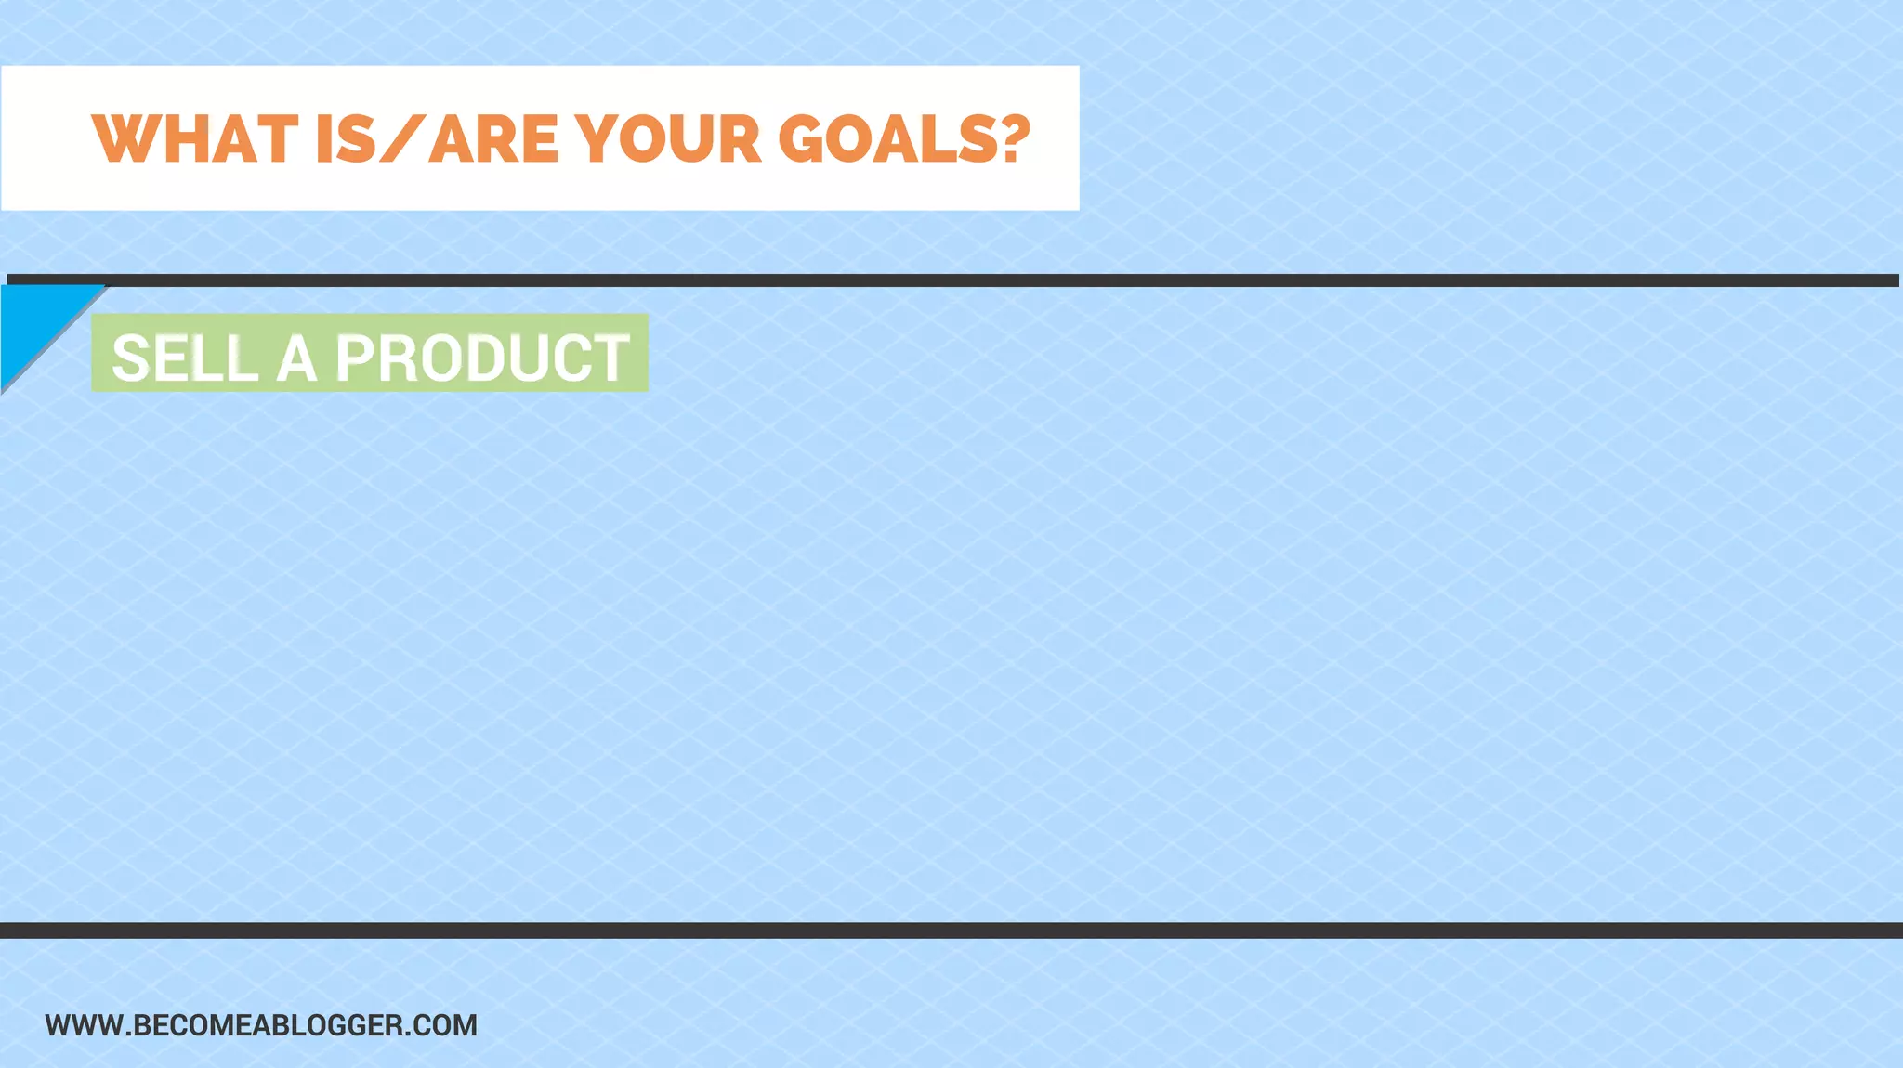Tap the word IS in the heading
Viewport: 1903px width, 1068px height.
pos(346,140)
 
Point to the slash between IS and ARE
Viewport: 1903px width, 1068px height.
pos(402,140)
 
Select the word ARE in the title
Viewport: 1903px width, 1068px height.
pos(492,140)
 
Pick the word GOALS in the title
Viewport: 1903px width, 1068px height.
pos(888,140)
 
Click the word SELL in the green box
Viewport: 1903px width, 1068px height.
pos(185,358)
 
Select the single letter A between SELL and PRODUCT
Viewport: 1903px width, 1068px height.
pos(296,358)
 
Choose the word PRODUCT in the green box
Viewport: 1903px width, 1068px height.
pos(482,358)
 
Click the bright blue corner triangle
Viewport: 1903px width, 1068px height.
pos(33,320)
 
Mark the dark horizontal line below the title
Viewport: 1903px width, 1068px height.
pos(951,280)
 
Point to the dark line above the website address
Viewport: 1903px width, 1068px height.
pos(951,931)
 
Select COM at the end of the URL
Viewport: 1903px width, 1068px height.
pos(447,1025)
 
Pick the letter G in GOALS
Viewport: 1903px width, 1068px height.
pos(802,140)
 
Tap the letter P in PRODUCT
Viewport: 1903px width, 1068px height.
pos(357,358)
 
